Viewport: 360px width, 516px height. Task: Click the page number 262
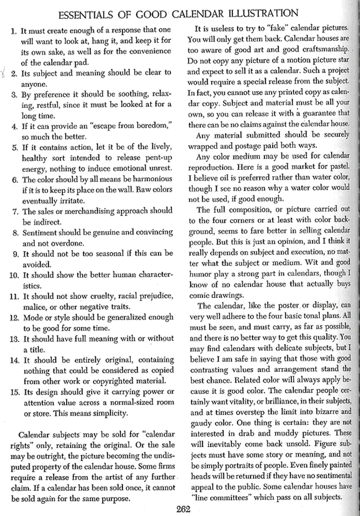(x=183, y=509)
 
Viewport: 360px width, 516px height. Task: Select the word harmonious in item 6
(x=151, y=179)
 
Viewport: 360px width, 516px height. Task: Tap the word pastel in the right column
(x=340, y=166)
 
